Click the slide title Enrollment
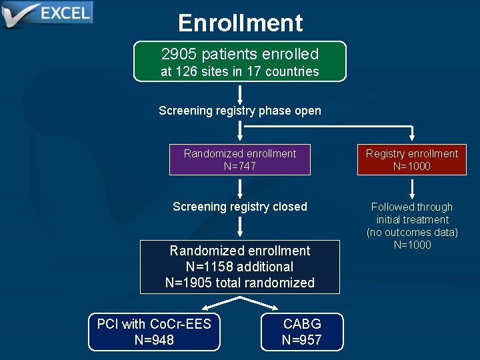click(x=240, y=23)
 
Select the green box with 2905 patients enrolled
click(x=240, y=61)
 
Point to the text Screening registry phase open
click(x=240, y=111)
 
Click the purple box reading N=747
click(x=240, y=160)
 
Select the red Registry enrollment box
click(x=411, y=160)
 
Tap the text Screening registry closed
click(x=240, y=207)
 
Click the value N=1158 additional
click(x=240, y=267)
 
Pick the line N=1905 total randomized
click(x=240, y=283)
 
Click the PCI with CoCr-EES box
click(x=154, y=332)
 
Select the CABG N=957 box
click(x=301, y=332)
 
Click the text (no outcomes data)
click(x=412, y=232)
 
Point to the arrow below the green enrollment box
click(x=240, y=93)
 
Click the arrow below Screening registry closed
click(x=240, y=228)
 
